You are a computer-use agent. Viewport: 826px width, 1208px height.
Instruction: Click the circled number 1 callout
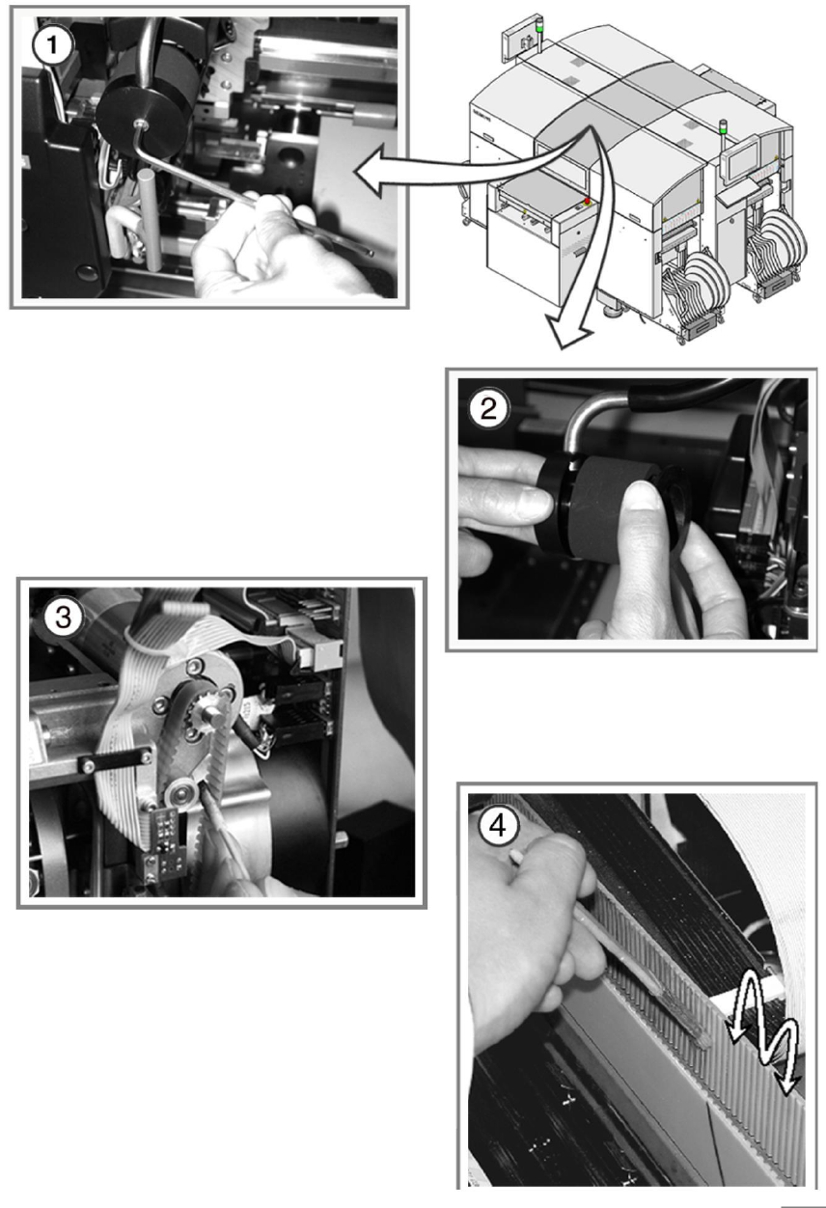pos(52,45)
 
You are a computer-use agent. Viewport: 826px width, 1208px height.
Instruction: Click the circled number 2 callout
pos(488,409)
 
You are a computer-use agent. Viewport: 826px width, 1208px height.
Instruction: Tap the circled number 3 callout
pos(64,618)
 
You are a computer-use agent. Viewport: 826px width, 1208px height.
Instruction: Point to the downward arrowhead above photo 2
pos(568,332)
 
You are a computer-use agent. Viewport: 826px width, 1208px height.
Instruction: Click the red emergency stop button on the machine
pos(587,201)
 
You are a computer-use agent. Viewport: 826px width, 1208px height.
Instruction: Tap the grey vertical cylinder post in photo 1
pos(149,219)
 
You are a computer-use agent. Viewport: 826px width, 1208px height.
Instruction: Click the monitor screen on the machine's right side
pos(742,163)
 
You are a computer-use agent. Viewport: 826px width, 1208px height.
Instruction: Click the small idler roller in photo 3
pos(180,795)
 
